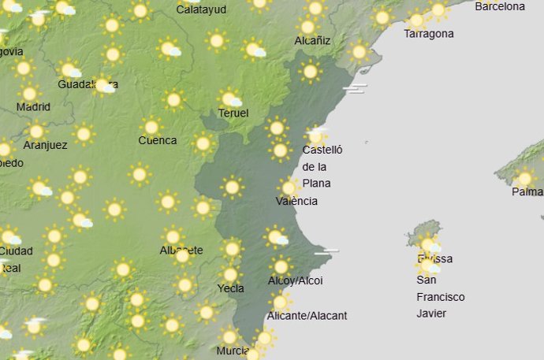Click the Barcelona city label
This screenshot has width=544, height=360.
click(499, 7)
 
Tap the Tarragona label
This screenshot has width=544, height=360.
click(428, 34)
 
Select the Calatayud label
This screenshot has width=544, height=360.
click(201, 9)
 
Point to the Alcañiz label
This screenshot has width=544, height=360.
click(312, 40)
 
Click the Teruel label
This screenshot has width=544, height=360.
click(233, 113)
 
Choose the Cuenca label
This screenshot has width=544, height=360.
click(157, 141)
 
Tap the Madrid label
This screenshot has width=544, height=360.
click(33, 107)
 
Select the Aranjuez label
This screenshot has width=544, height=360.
click(45, 147)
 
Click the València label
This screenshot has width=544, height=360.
click(296, 201)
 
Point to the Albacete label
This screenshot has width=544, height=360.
click(181, 251)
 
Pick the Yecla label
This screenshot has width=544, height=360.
click(230, 288)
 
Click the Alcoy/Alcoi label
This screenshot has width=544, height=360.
click(296, 281)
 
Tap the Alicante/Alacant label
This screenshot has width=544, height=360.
click(307, 316)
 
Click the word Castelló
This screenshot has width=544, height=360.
click(323, 150)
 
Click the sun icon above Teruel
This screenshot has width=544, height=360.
click(229, 98)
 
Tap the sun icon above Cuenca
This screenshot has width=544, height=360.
click(151, 126)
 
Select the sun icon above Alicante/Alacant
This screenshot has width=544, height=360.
click(279, 302)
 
